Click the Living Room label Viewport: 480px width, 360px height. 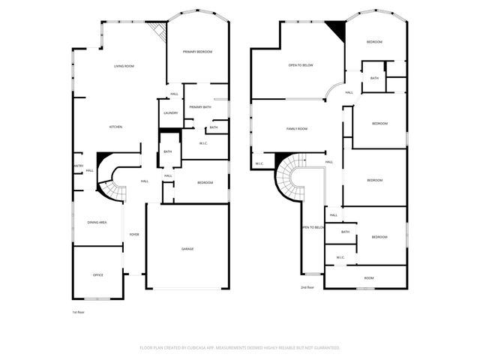coord(124,67)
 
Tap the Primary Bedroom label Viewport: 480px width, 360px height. coord(198,52)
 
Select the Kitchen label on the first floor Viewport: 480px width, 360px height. coord(115,127)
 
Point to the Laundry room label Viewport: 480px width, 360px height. coord(170,113)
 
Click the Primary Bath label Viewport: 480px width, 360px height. coord(200,107)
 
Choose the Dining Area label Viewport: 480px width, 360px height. coord(97,222)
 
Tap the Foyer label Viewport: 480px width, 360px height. coord(134,235)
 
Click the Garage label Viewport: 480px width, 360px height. coord(187,249)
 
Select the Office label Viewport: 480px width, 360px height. coord(97,275)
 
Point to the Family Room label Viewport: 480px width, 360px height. coord(297,129)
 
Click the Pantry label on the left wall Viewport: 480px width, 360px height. coord(77,166)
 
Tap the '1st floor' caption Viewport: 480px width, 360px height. coord(79,311)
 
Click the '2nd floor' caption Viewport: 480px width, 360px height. coord(307,287)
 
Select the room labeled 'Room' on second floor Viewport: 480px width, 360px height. coord(369,277)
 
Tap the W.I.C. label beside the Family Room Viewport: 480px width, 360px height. coord(259,163)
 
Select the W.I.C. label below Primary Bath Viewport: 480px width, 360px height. coord(203,142)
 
